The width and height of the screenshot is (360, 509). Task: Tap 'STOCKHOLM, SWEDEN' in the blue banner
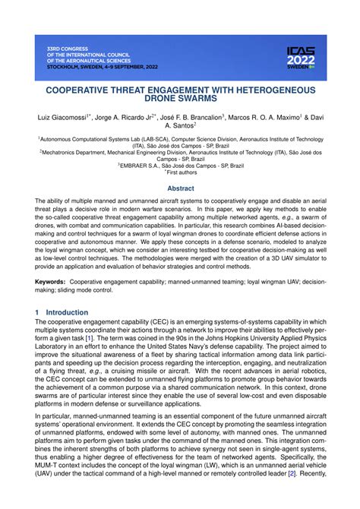click(77, 66)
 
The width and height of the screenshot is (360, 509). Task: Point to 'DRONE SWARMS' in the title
click(180, 98)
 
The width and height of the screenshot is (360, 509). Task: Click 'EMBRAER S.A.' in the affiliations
click(141, 165)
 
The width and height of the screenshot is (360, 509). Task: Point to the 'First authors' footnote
click(182, 172)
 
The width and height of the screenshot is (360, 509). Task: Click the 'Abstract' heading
click(180, 188)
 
